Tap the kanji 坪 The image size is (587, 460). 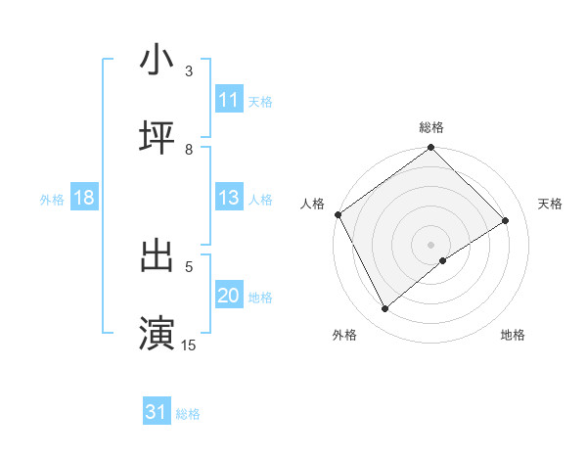[157, 138]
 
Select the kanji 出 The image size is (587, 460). [157, 255]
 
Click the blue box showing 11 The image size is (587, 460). [229, 100]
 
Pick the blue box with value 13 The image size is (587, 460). [229, 198]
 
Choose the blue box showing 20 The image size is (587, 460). [229, 296]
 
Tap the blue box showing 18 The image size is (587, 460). [84, 198]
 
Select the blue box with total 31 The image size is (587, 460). [157, 412]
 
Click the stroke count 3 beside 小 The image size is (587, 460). [189, 71]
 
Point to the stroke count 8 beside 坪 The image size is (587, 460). [189, 150]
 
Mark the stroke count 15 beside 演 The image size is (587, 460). [189, 345]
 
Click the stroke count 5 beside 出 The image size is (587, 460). [189, 266]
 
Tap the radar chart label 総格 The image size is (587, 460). [431, 127]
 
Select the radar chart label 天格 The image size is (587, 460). [550, 204]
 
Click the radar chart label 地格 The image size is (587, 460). [513, 335]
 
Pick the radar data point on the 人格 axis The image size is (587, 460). [338, 214]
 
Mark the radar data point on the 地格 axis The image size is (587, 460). [443, 260]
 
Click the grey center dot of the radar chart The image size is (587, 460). [430, 244]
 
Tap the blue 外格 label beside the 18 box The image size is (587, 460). [52, 199]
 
